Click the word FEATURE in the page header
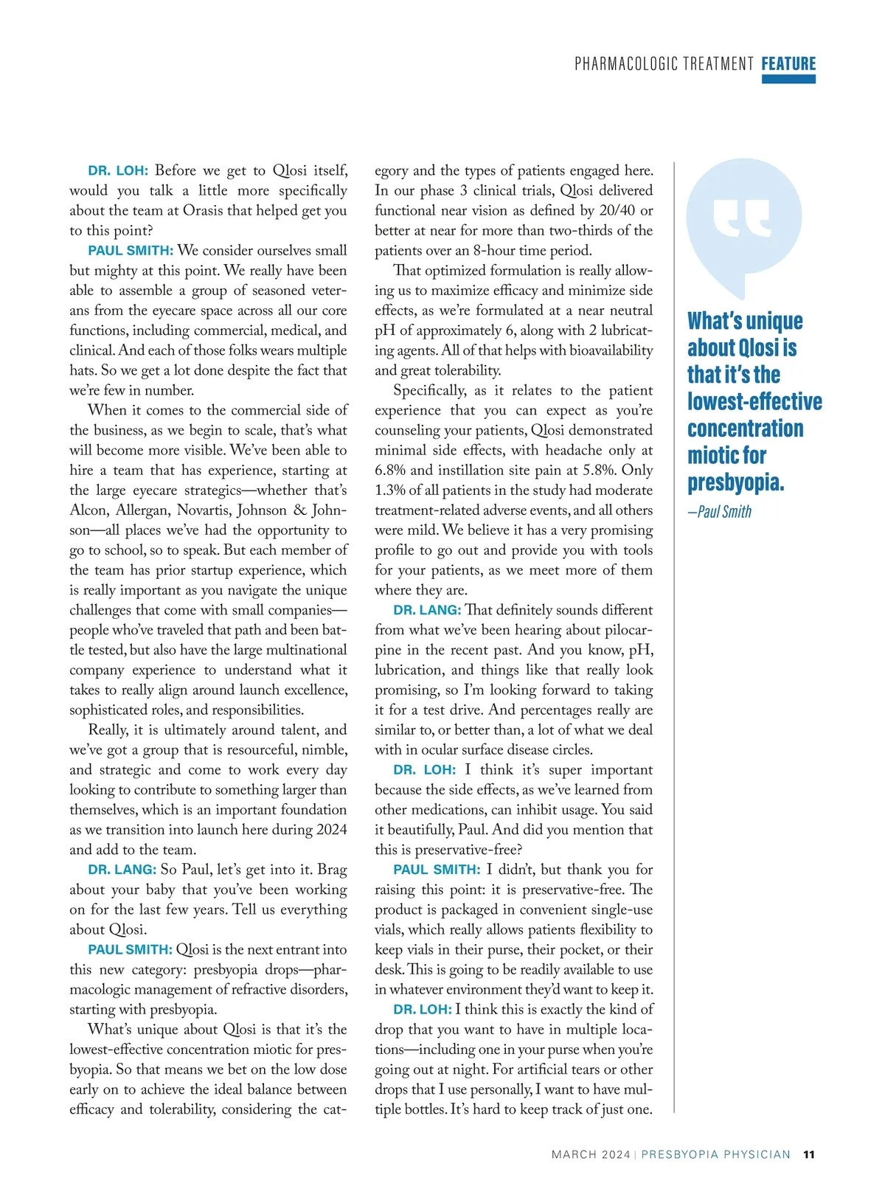[788, 63]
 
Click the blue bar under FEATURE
[788, 80]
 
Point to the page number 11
[809, 1154]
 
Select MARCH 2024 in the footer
[591, 1154]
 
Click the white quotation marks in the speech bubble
[742, 219]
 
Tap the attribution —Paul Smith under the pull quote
[720, 512]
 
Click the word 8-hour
[495, 250]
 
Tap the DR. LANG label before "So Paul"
[122, 870]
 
